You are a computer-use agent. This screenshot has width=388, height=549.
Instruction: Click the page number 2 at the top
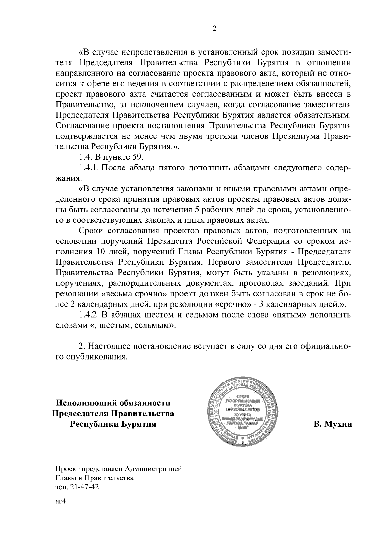coord(214,29)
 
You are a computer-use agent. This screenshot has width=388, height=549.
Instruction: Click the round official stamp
coord(242,411)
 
